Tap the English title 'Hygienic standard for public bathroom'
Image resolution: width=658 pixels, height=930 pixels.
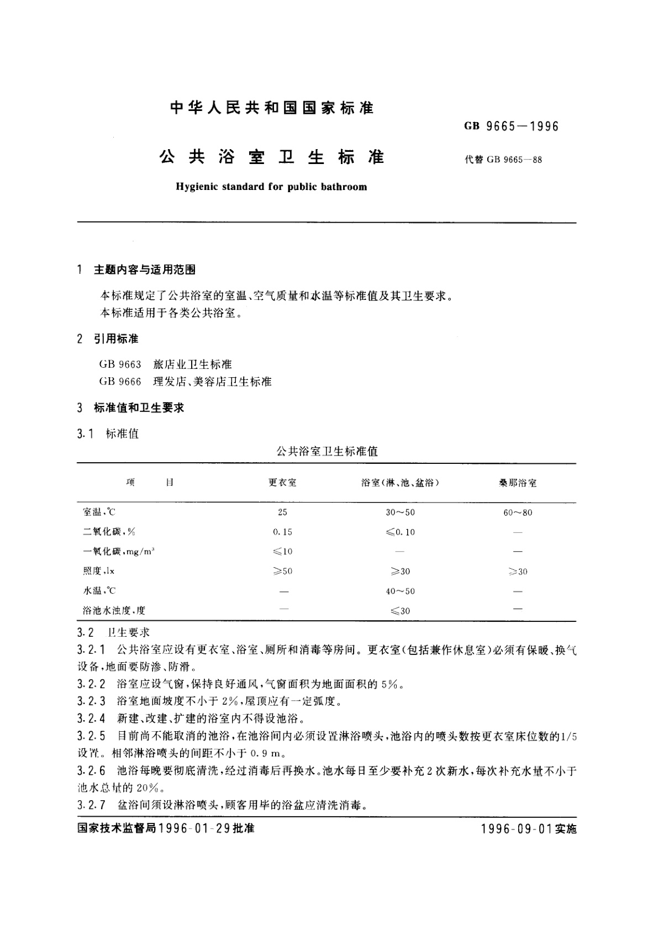tap(271, 187)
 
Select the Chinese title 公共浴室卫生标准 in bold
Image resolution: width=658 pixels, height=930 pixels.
tap(271, 157)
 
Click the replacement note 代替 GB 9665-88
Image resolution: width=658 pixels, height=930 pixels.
tap(503, 160)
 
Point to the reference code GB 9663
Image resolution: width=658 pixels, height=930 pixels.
tap(120, 364)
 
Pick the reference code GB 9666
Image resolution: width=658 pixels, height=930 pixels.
tap(120, 382)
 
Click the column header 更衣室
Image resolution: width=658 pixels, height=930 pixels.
tap(282, 483)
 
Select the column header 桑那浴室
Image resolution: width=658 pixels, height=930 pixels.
tap(517, 483)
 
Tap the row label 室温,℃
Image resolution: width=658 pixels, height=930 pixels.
tap(99, 512)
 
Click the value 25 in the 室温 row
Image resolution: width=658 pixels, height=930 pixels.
tap(282, 512)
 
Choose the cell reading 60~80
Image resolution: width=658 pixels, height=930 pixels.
tap(518, 512)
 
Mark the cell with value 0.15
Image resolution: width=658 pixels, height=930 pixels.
tap(282, 532)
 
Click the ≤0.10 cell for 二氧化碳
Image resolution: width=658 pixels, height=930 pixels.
tap(400, 532)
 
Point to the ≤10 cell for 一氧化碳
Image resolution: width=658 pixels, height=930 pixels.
tap(282, 551)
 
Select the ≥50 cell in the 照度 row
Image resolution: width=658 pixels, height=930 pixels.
tap(282, 571)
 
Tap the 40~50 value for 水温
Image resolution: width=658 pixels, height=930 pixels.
tap(400, 591)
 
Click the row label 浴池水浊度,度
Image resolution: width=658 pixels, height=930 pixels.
tap(114, 610)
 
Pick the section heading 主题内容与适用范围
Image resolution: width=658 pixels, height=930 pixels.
tap(145, 270)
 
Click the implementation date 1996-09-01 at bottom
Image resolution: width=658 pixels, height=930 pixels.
tap(517, 829)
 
